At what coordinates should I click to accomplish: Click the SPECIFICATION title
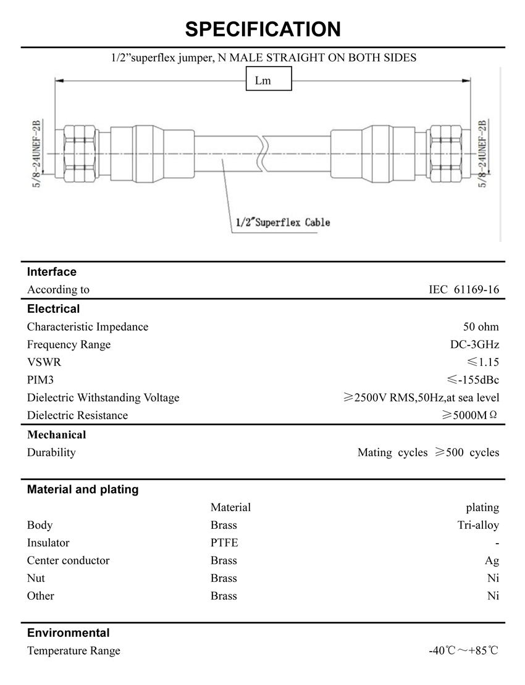coord(262,29)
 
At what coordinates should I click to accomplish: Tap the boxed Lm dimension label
coord(269,80)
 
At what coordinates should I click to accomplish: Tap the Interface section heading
coord(52,272)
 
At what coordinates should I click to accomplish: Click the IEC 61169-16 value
coord(464,289)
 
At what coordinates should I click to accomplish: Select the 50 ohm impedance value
coord(481,326)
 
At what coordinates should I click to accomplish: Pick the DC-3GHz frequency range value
coord(474,344)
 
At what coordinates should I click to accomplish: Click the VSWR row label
coord(44,362)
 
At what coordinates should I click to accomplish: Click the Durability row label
coord(51,452)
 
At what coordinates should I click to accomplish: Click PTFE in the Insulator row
coord(224,543)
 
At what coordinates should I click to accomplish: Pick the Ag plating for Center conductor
coord(492,561)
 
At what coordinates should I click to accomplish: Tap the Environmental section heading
coord(68,633)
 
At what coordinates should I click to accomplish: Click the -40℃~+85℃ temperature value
coord(463,650)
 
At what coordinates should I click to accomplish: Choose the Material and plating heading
coord(83,490)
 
